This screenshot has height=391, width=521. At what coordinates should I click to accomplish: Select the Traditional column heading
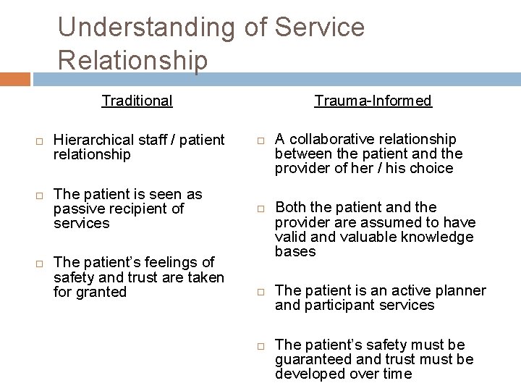pyautogui.click(x=137, y=101)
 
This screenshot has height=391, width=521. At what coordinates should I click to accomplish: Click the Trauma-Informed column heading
pyautogui.click(x=373, y=101)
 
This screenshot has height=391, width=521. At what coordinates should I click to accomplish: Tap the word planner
pyautogui.click(x=461, y=290)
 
